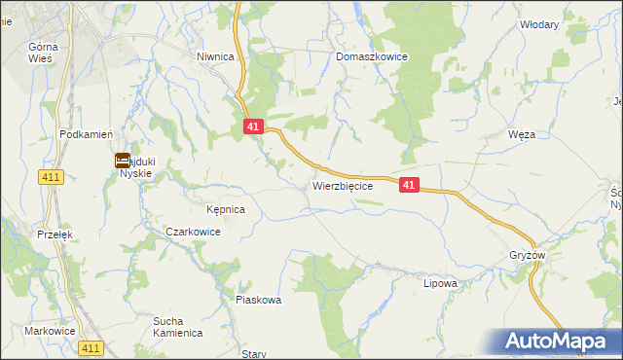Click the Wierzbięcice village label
[343, 185]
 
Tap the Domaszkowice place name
[371, 57]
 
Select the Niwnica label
[215, 57]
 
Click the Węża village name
[522, 134]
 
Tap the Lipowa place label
[440, 284]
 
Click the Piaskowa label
[258, 300]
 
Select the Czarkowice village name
[193, 233]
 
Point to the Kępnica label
[225, 209]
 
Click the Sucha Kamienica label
[176, 326]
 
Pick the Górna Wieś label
[44, 53]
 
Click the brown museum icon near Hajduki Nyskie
[124, 161]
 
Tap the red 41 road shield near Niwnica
[253, 126]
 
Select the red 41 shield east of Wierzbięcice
[409, 185]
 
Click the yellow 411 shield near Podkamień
[52, 176]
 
